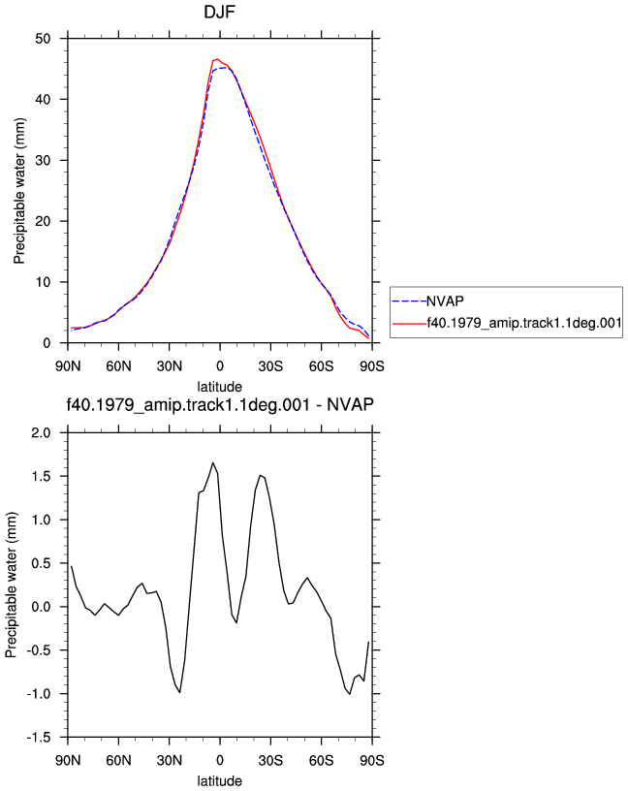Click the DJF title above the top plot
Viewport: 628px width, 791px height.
coord(219,12)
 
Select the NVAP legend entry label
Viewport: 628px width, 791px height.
coord(446,301)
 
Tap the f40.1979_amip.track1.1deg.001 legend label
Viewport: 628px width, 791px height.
coord(524,323)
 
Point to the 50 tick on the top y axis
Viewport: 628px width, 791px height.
coord(43,39)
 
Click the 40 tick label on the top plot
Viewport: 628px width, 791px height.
coord(43,100)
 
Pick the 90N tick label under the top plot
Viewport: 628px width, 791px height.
coord(68,366)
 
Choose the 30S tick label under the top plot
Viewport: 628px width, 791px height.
coord(270,366)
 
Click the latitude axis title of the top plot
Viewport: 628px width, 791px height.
coord(219,387)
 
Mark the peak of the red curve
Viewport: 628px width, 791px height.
coord(217,59)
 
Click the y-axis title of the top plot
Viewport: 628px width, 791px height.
coord(19,191)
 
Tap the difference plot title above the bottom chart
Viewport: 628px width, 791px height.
coord(220,404)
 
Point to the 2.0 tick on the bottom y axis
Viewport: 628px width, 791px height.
coord(41,433)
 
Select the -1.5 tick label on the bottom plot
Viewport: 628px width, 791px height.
coord(39,738)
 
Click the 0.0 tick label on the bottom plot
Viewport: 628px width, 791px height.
coord(41,607)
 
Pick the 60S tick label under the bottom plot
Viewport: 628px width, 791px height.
coord(322,760)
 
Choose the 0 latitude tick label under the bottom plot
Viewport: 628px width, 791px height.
coord(219,760)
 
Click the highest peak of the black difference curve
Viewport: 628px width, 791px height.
coord(213,462)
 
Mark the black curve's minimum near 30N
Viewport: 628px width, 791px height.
coord(179,692)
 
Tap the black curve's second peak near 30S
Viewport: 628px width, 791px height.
coord(261,475)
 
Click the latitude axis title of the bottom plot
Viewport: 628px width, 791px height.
coord(219,781)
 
